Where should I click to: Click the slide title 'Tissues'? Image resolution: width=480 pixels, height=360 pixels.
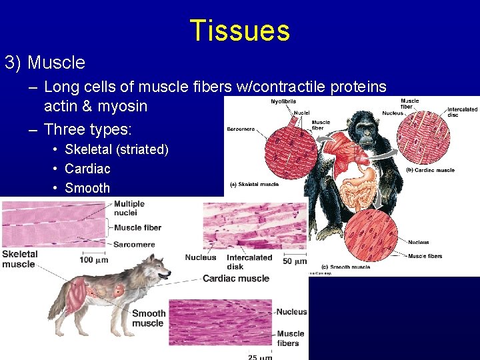[240, 31]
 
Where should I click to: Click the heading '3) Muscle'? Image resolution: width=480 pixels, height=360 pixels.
[45, 63]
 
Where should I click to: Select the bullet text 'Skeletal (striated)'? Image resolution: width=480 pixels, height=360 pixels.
[116, 149]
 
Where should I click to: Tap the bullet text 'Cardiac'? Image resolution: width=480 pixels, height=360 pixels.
[87, 169]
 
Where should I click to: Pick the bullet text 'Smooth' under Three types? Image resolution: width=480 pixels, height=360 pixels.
[87, 188]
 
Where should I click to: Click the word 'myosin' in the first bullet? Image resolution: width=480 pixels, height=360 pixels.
[123, 106]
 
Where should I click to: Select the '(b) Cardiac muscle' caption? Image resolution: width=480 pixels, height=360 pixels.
[430, 170]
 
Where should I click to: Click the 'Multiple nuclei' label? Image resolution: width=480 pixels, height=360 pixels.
[129, 208]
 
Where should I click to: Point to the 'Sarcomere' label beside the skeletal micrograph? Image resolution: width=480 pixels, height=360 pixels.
[133, 245]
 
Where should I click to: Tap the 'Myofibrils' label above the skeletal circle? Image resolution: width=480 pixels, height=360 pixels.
[266, 101]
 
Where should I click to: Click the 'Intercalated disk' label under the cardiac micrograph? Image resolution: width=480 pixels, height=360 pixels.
[249, 261]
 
